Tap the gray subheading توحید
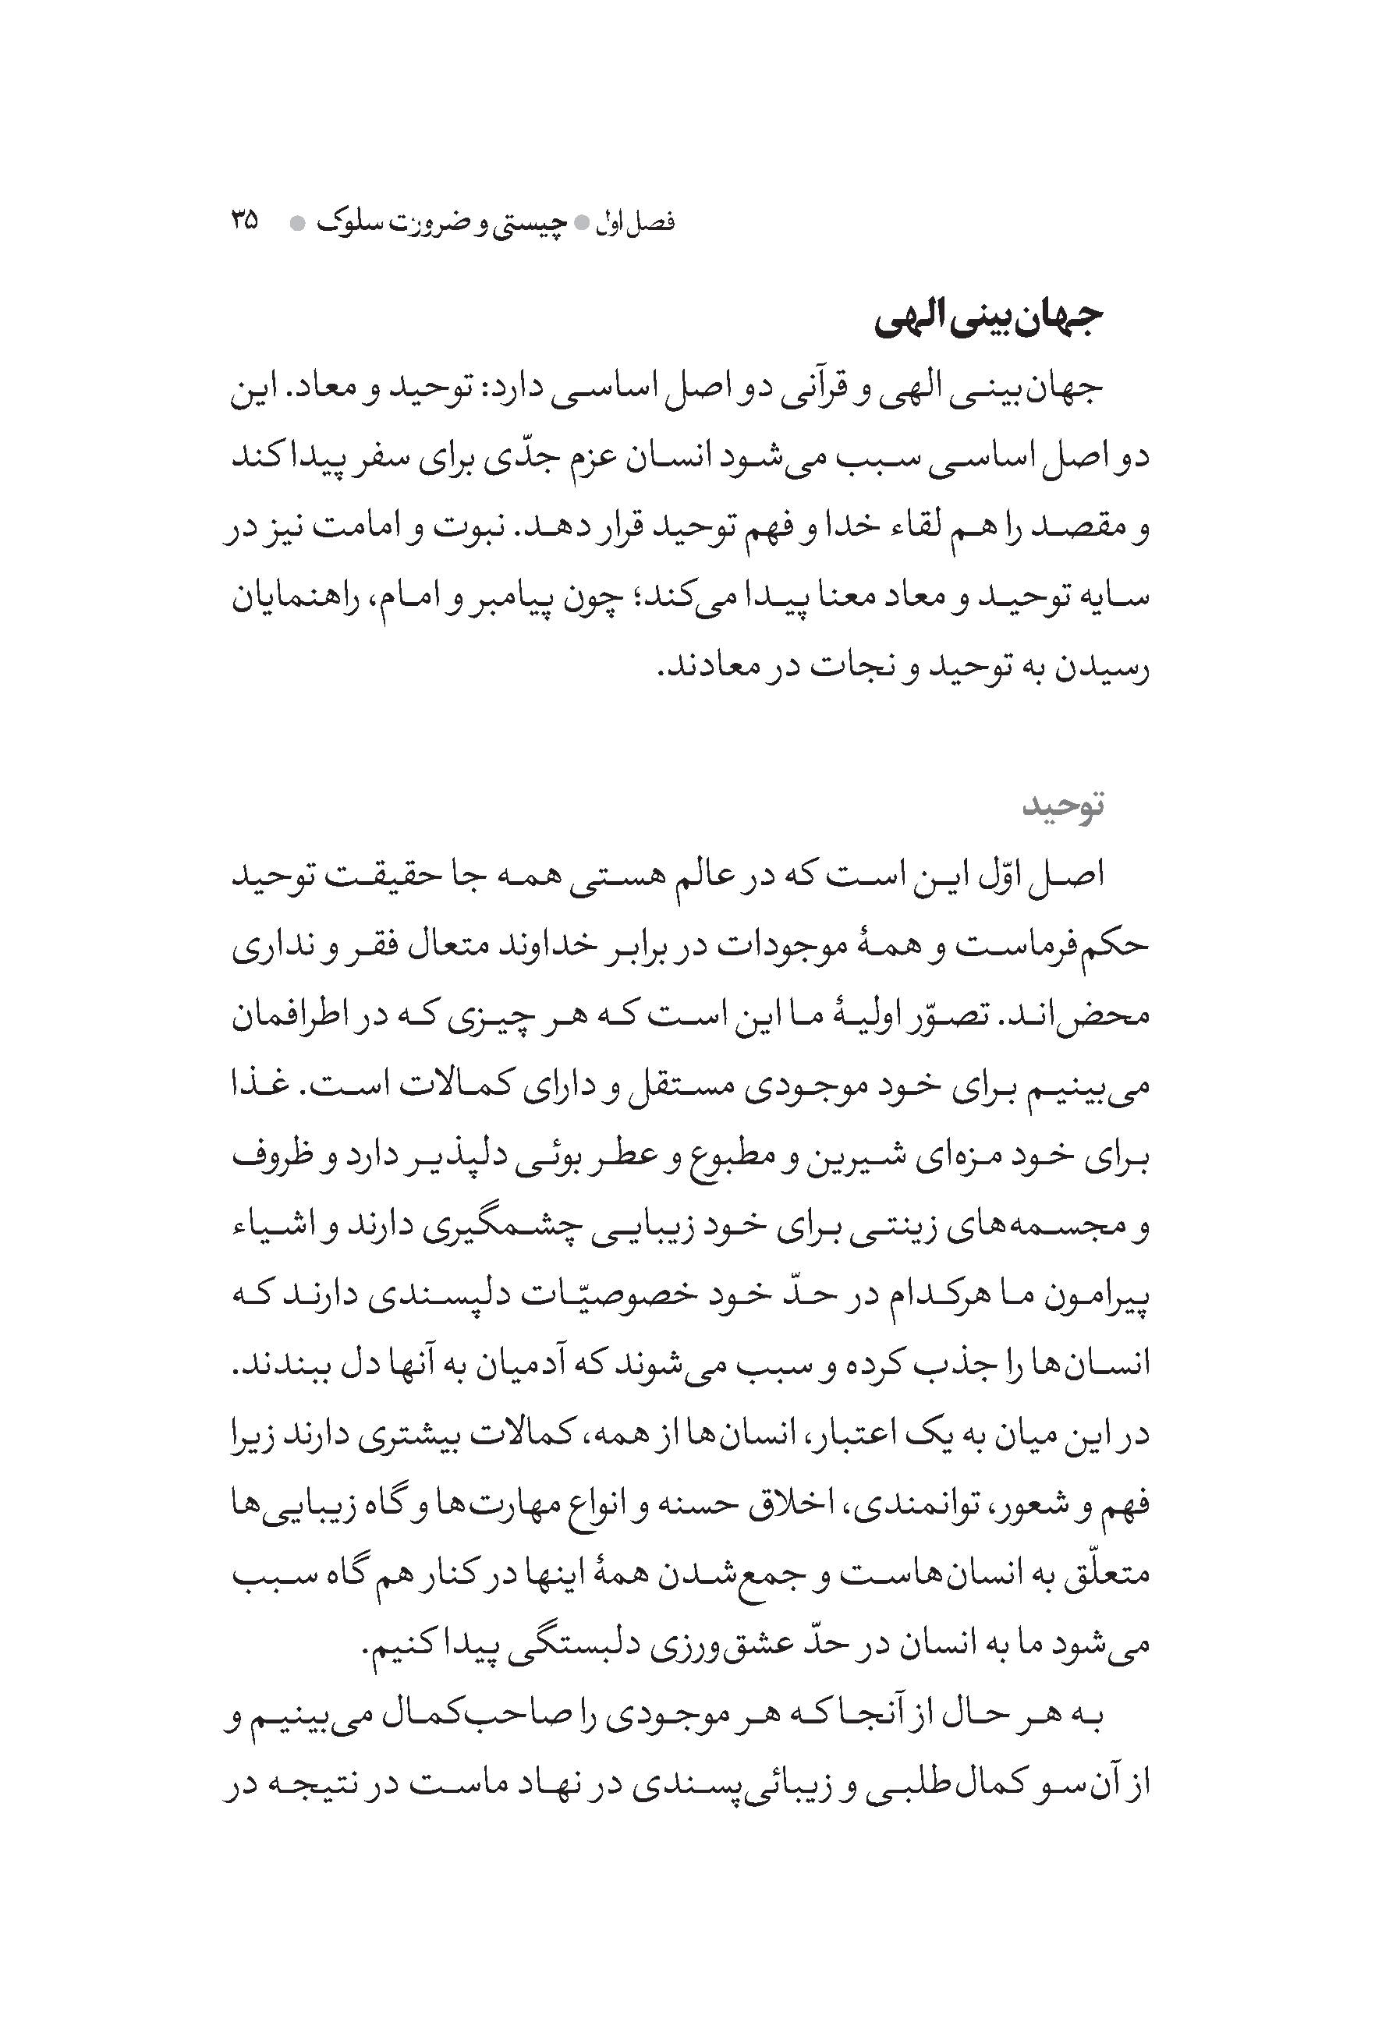[x=1063, y=805]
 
